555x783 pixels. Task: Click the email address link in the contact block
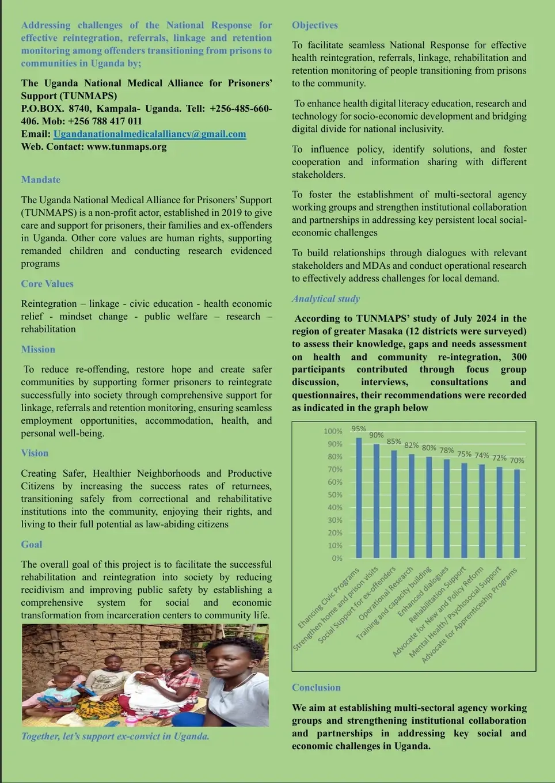(x=150, y=134)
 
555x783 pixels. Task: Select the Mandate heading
(x=40, y=180)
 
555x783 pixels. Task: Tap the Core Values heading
(x=47, y=284)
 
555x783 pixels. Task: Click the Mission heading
(x=38, y=349)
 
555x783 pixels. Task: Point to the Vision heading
(x=35, y=453)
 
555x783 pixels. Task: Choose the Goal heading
(x=32, y=545)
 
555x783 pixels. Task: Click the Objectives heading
(x=315, y=25)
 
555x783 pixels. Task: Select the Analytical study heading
(x=326, y=299)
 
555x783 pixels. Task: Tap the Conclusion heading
(x=316, y=688)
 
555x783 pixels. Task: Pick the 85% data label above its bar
(x=394, y=442)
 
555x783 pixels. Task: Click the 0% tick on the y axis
(x=337, y=558)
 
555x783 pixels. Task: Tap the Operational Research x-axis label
(x=386, y=594)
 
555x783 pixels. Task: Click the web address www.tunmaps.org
(x=127, y=147)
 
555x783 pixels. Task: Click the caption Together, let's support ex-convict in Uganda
(x=115, y=736)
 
